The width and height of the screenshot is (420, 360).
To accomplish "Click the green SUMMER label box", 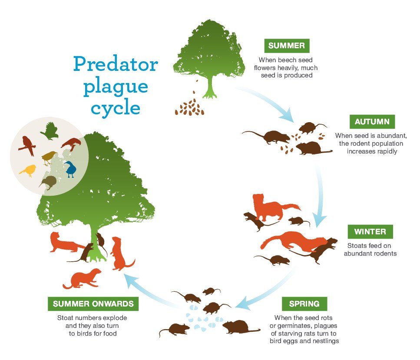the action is pos(287,46).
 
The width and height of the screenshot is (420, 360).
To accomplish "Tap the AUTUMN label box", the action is pos(372,122).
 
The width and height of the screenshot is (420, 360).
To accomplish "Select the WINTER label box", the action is pos(370,232).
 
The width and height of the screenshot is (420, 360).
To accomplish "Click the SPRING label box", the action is pos(304,304).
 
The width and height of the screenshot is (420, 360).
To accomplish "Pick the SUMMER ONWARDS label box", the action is pos(93,304).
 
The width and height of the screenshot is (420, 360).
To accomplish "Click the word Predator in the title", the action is pos(116,64).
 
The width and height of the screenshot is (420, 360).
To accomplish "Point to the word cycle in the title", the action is pos(116,108).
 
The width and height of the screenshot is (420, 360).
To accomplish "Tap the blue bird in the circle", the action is pos(70,169).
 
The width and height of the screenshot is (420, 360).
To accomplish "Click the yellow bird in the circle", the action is pos(28,170).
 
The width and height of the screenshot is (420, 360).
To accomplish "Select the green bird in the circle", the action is pos(50,131).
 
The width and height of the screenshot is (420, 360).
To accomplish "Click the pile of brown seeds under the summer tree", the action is pos(190,107).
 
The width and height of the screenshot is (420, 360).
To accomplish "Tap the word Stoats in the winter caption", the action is pos(356,246).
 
